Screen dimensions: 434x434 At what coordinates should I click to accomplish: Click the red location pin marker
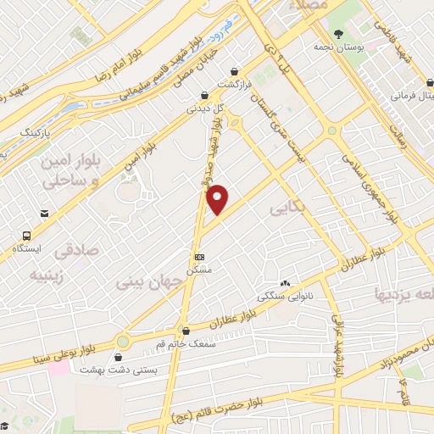click(218, 200)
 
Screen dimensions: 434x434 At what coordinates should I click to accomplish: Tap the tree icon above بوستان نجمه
click(339, 34)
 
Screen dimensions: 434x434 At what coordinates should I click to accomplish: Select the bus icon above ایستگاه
click(29, 236)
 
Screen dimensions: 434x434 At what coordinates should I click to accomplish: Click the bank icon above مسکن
click(199, 256)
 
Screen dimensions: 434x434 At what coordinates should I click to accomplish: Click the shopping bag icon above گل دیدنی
click(203, 96)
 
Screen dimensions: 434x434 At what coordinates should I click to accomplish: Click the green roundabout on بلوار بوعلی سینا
click(125, 342)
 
